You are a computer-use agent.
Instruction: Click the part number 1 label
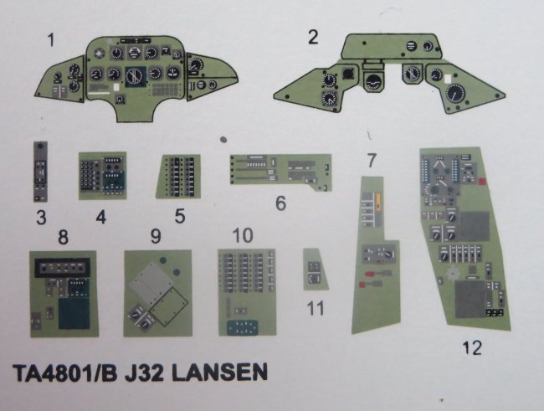click(51, 40)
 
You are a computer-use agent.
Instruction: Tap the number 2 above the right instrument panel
click(313, 37)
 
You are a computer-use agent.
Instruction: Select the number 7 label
click(372, 160)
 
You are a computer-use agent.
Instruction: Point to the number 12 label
click(472, 347)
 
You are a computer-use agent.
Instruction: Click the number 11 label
click(316, 308)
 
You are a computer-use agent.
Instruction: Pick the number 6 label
click(280, 203)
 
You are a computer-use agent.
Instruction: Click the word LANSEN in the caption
click(220, 372)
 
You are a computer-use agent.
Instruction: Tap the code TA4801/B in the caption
click(64, 372)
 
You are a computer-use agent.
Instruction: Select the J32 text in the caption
click(144, 372)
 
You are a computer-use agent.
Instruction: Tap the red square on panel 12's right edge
click(482, 181)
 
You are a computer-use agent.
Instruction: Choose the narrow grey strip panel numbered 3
click(41, 172)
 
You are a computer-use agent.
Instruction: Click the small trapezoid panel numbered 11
click(316, 269)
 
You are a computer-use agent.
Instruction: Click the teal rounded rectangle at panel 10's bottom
click(243, 327)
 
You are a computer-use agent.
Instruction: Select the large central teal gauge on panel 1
click(136, 76)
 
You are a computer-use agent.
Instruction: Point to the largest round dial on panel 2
click(455, 94)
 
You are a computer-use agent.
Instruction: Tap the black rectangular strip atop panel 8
click(63, 268)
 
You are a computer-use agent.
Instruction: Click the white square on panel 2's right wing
click(449, 79)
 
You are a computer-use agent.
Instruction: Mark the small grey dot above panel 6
click(223, 140)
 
